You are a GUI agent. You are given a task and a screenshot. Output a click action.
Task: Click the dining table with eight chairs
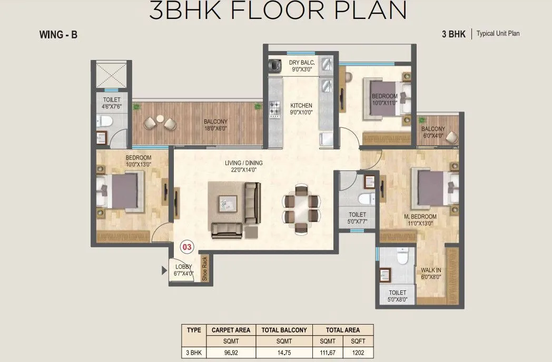[301, 208]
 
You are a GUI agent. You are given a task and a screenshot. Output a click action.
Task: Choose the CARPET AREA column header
[231, 330]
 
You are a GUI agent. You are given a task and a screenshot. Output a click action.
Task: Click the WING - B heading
[58, 35]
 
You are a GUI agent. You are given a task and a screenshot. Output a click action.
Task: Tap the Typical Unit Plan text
[498, 34]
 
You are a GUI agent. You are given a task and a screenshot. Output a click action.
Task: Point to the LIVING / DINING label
[243, 166]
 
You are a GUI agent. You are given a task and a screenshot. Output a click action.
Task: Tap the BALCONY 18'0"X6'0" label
[215, 125]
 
